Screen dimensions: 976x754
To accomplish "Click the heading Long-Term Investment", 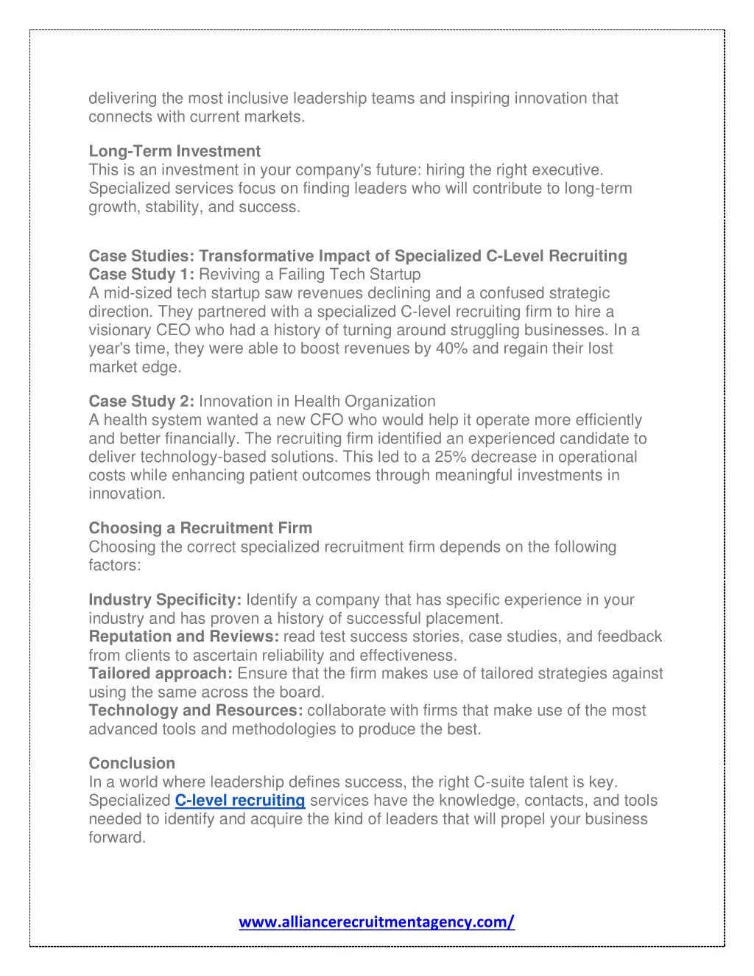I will point(175,151).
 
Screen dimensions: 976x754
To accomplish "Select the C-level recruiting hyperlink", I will point(239,801).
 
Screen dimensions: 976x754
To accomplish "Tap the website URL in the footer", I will point(376,921).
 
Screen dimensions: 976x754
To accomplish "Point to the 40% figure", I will point(451,348).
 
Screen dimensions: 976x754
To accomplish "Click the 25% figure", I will point(450,457).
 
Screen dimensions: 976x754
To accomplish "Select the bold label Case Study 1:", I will point(141,275).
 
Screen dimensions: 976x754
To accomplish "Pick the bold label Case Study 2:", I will point(141,401).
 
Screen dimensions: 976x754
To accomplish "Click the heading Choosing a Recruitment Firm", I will point(200,528).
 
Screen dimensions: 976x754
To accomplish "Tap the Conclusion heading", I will point(132,763).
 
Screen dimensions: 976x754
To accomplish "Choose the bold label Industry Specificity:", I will point(165,600).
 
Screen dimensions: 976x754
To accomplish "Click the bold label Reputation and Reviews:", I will point(183,636).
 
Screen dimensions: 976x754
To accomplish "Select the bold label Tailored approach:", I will point(161,673).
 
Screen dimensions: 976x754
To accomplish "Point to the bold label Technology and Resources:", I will point(196,710).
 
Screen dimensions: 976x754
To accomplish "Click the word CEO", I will point(173,330).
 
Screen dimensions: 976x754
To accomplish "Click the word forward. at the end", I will point(117,838).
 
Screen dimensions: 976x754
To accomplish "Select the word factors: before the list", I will point(114,565).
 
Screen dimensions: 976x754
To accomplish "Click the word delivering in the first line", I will point(122,98).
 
